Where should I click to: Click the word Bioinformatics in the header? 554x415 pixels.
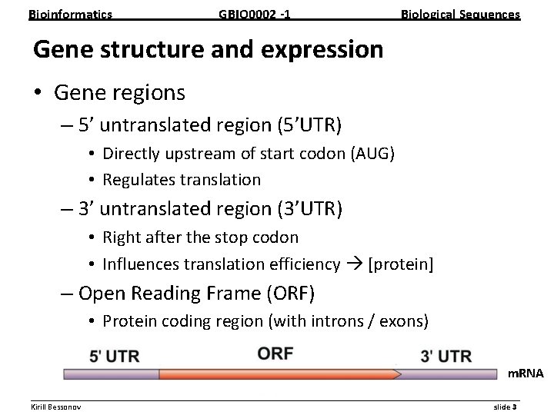click(x=70, y=14)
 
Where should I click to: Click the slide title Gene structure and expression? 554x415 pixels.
click(x=208, y=50)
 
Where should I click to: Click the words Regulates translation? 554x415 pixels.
click(x=182, y=180)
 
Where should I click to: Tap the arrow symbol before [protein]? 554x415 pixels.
click(x=354, y=264)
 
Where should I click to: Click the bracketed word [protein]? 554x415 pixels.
click(x=401, y=264)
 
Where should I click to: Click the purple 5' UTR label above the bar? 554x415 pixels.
click(x=114, y=356)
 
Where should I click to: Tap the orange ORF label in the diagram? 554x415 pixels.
click(x=275, y=354)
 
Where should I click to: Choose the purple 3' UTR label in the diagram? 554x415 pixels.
click(x=446, y=356)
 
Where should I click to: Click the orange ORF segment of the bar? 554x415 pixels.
click(x=277, y=374)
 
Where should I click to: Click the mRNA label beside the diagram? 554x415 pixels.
click(x=525, y=373)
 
